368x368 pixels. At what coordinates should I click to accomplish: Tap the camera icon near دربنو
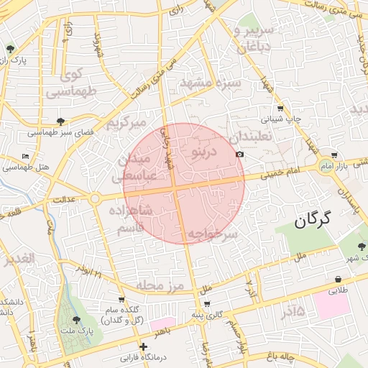coord(239,155)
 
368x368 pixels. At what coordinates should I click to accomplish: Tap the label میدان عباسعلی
coord(132,166)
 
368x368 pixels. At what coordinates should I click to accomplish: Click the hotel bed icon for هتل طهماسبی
coord(26,156)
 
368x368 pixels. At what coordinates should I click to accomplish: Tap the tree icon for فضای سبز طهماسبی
coord(60,121)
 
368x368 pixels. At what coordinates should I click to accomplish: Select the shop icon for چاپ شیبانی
coord(281,108)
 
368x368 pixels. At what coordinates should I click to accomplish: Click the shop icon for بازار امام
coord(334,155)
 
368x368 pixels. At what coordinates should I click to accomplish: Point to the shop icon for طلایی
coord(338,280)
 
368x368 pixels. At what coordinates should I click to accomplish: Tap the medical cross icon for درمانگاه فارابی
coord(144,346)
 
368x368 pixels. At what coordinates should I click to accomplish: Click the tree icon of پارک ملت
coord(77,320)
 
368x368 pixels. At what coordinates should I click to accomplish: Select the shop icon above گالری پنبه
coord(206,304)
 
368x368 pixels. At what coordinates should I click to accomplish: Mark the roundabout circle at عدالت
coord(94,198)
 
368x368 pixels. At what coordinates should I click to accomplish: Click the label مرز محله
coord(161,286)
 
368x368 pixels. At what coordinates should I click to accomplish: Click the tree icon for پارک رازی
coord(11,49)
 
